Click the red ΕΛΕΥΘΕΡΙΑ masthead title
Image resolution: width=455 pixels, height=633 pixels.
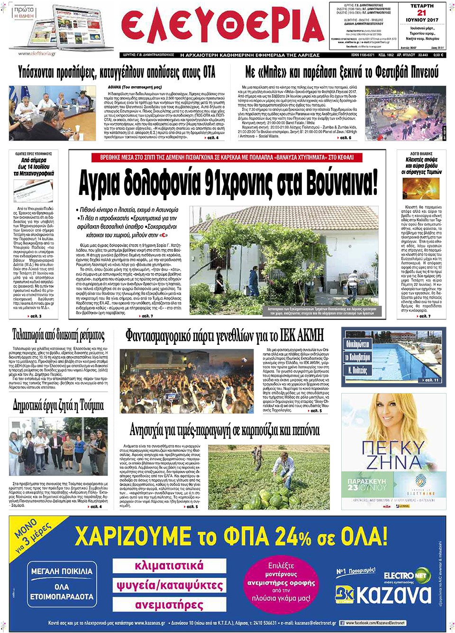point(223,28)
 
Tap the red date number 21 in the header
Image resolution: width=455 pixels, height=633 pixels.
point(421,13)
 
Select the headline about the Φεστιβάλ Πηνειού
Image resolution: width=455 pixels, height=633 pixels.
point(341,72)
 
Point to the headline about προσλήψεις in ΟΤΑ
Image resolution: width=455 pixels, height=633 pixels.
point(117,73)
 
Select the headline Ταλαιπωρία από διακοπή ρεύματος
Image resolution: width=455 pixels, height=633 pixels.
point(58,335)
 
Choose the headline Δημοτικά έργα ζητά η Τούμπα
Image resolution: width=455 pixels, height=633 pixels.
point(58,405)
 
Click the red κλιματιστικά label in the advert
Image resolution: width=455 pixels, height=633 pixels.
point(169,565)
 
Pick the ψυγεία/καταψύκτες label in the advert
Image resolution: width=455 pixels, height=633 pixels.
point(169,585)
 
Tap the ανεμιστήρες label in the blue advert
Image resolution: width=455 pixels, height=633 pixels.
point(169,605)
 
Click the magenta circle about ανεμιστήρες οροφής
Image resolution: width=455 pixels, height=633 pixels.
point(281,582)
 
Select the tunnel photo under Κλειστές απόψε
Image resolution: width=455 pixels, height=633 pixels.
point(421,189)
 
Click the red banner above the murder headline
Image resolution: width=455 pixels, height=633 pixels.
point(227,157)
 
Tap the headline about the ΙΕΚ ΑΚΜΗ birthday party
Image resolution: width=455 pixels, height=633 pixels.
point(225,336)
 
